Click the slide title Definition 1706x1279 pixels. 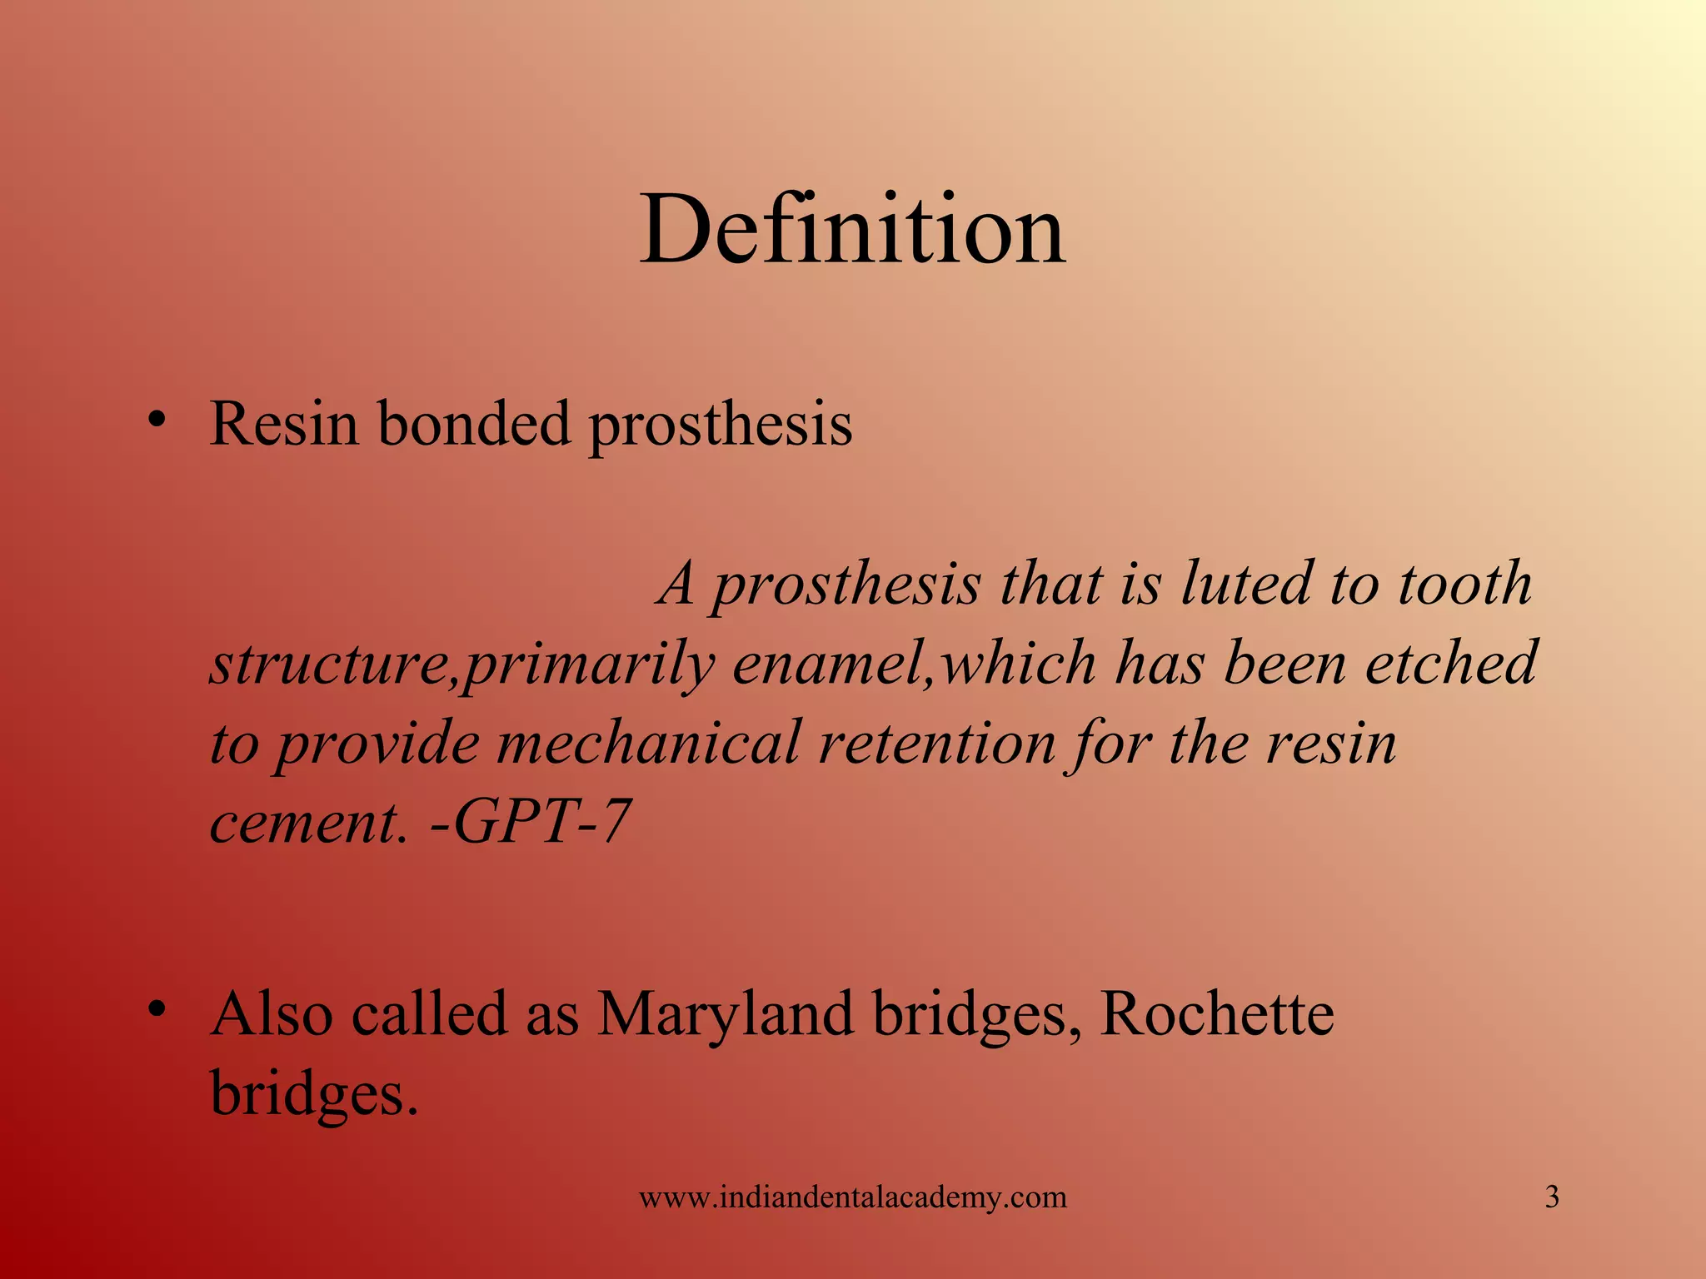pos(852,229)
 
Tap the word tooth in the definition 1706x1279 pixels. pos(1465,583)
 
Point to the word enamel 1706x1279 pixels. pos(832,664)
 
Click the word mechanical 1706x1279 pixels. pos(649,743)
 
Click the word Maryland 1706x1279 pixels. pos(726,1014)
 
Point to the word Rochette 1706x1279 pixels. pos(1216,1014)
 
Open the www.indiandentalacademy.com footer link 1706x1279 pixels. pos(852,1197)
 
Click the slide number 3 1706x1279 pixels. pos(1552,1197)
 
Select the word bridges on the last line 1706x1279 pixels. pos(312,1094)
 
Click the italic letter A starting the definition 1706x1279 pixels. pos(676,583)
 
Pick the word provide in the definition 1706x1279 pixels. pos(377,743)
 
